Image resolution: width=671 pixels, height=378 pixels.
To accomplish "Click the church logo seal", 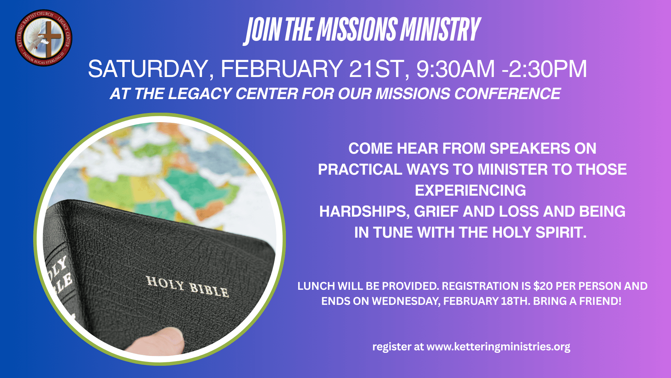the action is pyautogui.click(x=44, y=38).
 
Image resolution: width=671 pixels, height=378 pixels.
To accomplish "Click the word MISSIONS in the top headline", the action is pyautogui.click(x=357, y=29).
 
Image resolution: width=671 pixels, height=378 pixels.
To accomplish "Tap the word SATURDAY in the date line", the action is pyautogui.click(x=149, y=69).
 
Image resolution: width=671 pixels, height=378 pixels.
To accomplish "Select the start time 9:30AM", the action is pyautogui.click(x=455, y=69).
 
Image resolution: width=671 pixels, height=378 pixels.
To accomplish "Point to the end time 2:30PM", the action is pyautogui.click(x=547, y=69).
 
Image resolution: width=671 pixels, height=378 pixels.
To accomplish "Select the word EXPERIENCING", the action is pyautogui.click(x=470, y=191).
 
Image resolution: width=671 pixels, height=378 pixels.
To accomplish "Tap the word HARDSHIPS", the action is pyautogui.click(x=364, y=212).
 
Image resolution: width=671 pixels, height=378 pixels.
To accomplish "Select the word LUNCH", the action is pyautogui.click(x=316, y=286).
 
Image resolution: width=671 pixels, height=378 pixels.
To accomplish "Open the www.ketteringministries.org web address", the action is pyautogui.click(x=498, y=346).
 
